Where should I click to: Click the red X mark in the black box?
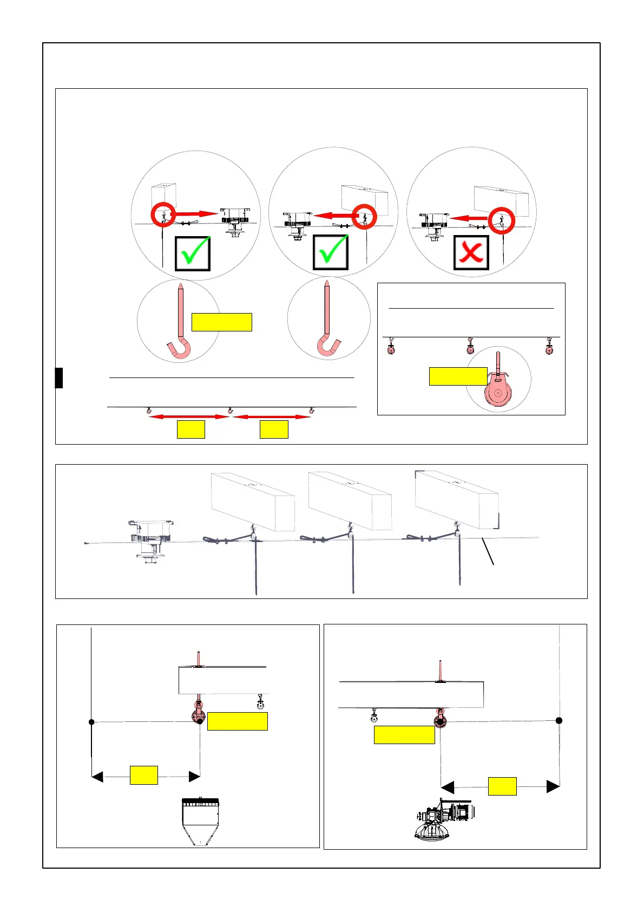[x=471, y=252]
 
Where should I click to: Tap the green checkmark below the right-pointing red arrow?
[x=193, y=252]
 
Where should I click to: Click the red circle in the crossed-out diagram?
[x=501, y=220]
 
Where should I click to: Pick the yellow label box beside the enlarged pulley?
[x=458, y=376]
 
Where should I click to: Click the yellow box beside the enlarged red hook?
[x=221, y=322]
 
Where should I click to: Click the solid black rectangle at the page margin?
[x=59, y=377]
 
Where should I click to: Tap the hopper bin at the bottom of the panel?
[x=201, y=821]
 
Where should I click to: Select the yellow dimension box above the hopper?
[x=144, y=775]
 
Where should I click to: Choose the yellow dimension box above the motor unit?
[x=502, y=786]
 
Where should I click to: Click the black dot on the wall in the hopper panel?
[x=91, y=722]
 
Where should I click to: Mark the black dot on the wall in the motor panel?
[x=559, y=720]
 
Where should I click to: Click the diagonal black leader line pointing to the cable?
[x=488, y=552]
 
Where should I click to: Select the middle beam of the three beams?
[x=350, y=500]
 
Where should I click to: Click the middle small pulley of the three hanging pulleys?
[x=470, y=347]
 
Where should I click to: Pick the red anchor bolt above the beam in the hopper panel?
[x=199, y=659]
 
